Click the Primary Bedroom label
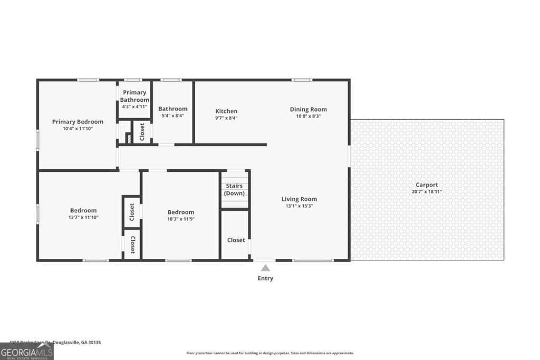pos(78,122)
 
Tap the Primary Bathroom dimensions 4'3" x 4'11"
pos(134,106)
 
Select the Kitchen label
pos(226,111)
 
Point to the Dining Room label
pos(308,110)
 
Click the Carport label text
pos(427,185)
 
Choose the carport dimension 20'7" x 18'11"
pos(427,192)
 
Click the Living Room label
pos(299,199)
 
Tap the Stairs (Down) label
pos(234,190)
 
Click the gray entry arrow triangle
pos(265,268)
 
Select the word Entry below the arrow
pos(265,278)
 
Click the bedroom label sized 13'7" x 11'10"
pos(83,211)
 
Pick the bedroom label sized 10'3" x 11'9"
pos(181,212)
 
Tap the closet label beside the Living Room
pos(236,240)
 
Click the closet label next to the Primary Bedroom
pos(142,132)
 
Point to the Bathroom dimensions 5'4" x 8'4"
pos(173,116)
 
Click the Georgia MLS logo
pos(26,352)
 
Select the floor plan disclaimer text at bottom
pos(270,353)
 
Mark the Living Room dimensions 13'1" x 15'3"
pos(299,206)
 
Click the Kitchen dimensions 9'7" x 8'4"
pos(226,118)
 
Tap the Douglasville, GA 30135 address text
pos(69,342)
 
